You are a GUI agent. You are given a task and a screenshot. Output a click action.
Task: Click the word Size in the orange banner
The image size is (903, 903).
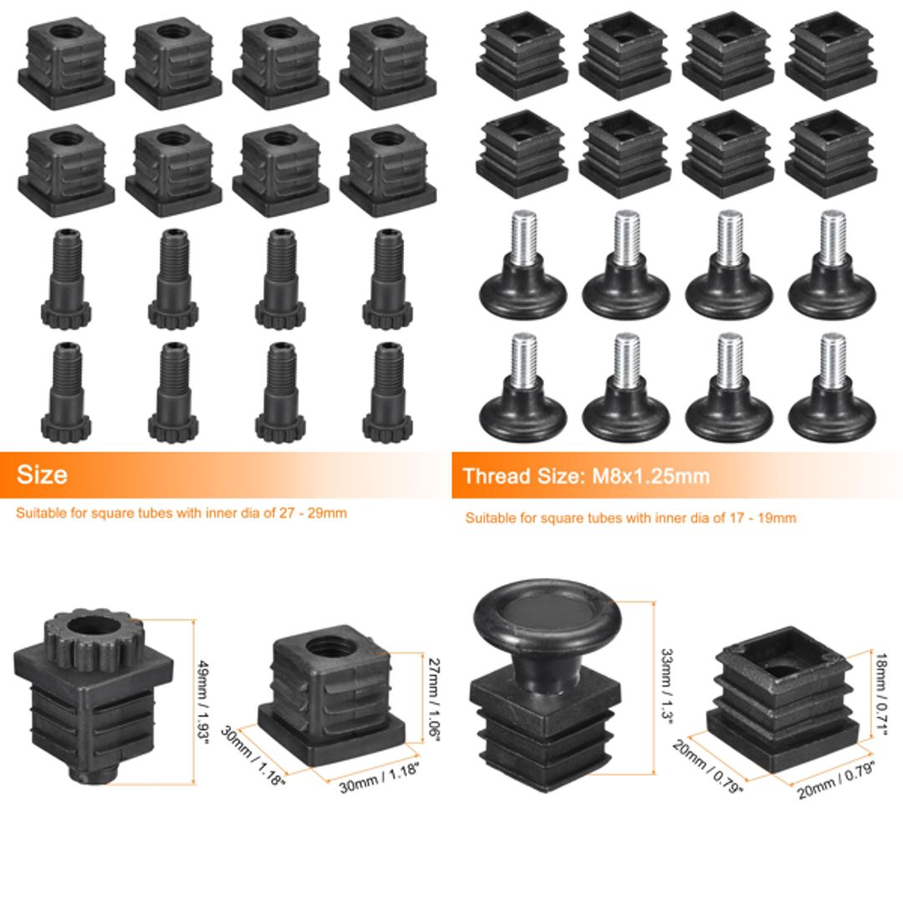[x=42, y=476]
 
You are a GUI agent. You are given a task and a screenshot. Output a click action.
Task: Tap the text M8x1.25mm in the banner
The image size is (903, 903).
[x=650, y=477]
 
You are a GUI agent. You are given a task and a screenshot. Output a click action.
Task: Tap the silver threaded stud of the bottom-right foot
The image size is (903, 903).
[x=832, y=360]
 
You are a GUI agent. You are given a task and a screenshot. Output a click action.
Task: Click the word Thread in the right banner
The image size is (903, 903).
[x=497, y=477]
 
